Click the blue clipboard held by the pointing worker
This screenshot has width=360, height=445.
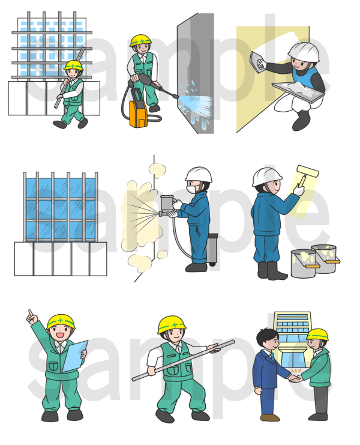coord(74,357)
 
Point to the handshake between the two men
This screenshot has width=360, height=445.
coord(295,378)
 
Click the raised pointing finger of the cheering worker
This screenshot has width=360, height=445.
coord(30,313)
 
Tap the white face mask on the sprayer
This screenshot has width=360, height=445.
coord(192,189)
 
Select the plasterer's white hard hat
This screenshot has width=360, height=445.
coord(304,52)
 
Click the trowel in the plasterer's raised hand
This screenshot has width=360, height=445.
coord(257,62)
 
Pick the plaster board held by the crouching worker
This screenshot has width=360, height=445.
coord(298,92)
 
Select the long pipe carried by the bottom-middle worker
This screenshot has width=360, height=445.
coord(184,360)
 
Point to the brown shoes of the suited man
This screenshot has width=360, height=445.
coord(270,417)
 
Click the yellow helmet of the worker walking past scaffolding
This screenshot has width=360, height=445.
coord(73,65)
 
